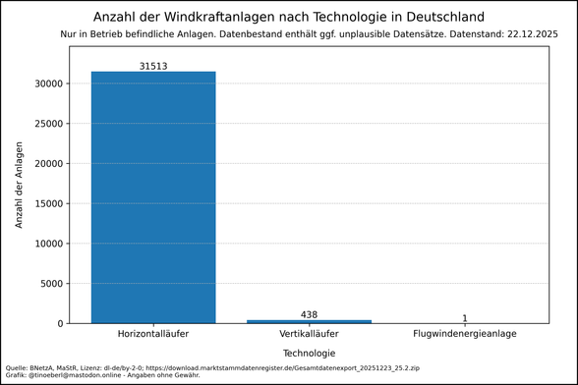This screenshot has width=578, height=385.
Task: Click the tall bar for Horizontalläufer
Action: pos(153,196)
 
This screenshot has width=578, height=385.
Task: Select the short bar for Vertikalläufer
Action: pos(309,321)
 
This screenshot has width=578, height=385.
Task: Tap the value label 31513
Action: pos(153,65)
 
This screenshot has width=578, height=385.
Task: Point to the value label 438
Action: pos(309,314)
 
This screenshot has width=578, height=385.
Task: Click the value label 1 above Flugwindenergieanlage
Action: pos(465,318)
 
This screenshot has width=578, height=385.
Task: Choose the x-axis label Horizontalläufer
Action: pos(153,335)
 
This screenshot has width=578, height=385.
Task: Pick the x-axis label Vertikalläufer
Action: pos(309,335)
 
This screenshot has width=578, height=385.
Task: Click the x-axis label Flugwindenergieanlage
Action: pos(465,335)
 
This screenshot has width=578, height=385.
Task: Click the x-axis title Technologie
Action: pos(309,353)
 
